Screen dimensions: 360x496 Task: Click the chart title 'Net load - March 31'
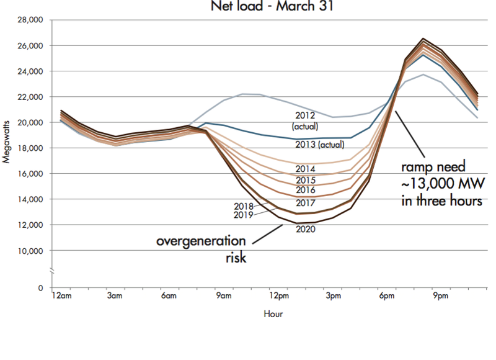click(x=260, y=7)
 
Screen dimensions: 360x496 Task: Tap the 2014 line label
click(x=305, y=169)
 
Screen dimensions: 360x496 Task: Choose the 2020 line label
click(x=306, y=229)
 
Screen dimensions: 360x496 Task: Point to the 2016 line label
click(x=305, y=190)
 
